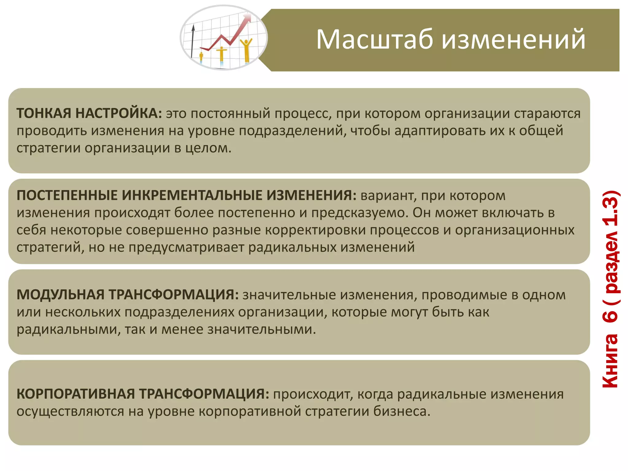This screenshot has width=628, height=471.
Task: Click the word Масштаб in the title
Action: coord(375,39)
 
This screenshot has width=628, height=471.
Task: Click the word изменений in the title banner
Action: coord(514,39)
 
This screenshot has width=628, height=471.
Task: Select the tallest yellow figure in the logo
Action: coord(246,51)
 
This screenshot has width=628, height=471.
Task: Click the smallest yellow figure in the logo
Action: coord(201,57)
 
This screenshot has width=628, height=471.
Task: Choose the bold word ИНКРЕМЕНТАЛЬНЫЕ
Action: coord(192,195)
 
